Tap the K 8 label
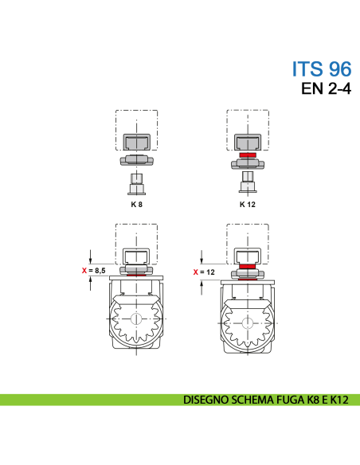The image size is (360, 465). [136, 205]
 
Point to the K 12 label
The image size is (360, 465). [247, 205]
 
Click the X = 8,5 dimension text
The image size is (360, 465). [95, 271]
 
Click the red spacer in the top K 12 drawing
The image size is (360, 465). [248, 155]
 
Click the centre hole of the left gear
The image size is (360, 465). [137, 319]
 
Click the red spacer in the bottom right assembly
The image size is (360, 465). [248, 266]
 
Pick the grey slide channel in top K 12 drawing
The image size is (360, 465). [248, 141]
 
